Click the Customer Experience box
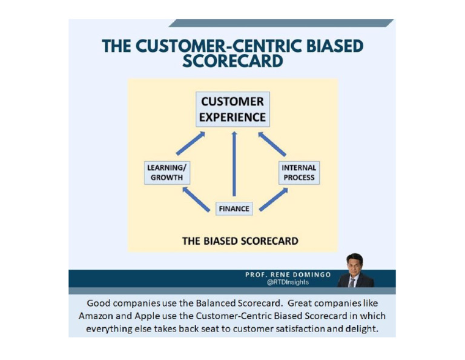(232, 109)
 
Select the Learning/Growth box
(167, 173)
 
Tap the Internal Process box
(299, 173)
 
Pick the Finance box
(234, 208)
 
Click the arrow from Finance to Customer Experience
(234, 164)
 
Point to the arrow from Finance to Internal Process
(273, 199)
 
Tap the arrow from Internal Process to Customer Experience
(272, 144)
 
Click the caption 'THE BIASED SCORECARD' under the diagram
(240, 241)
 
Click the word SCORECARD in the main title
(232, 61)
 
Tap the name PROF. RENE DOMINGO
(288, 275)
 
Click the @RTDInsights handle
(288, 282)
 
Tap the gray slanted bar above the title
(282, 23)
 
